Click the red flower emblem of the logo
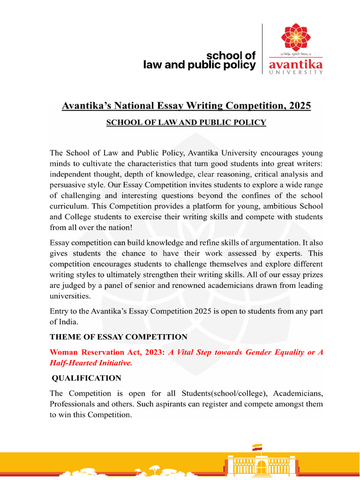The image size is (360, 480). (x=295, y=37)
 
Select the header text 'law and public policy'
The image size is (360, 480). (x=200, y=65)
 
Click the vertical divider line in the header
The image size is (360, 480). (x=262, y=49)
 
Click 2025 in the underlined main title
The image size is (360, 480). (x=300, y=106)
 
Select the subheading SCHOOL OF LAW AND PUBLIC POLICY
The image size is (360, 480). (x=186, y=123)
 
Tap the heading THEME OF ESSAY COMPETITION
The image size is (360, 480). (x=119, y=337)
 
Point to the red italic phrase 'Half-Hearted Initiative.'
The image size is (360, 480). (x=90, y=363)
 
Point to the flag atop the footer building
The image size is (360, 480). (x=257, y=447)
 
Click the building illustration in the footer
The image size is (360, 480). (x=257, y=466)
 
